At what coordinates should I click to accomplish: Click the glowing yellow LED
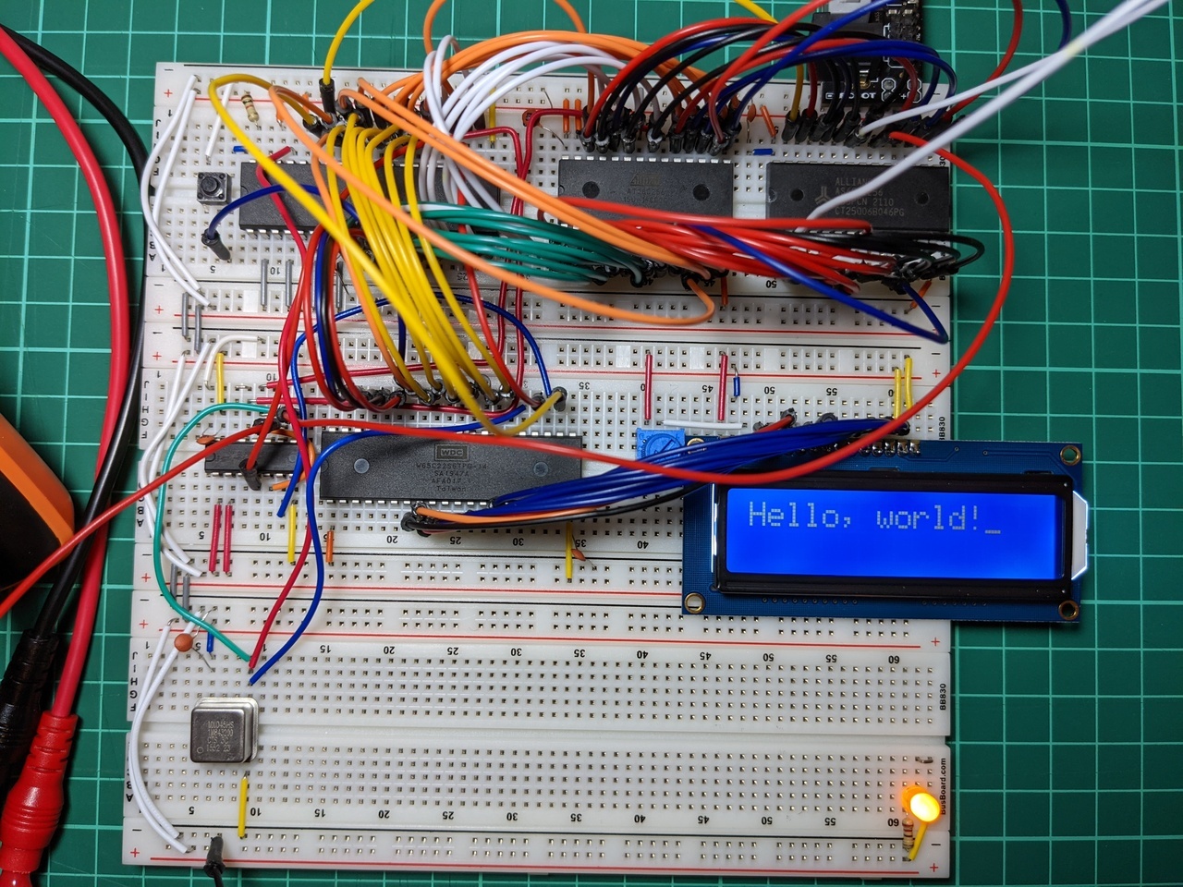[921, 805]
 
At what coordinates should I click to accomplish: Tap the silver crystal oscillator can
[223, 731]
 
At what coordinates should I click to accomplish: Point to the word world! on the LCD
[926, 516]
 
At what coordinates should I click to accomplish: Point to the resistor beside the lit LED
[915, 839]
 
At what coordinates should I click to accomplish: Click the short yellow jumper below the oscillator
[243, 807]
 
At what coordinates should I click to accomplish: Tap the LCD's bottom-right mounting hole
[1068, 609]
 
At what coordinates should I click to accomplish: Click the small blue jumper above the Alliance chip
[763, 151]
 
